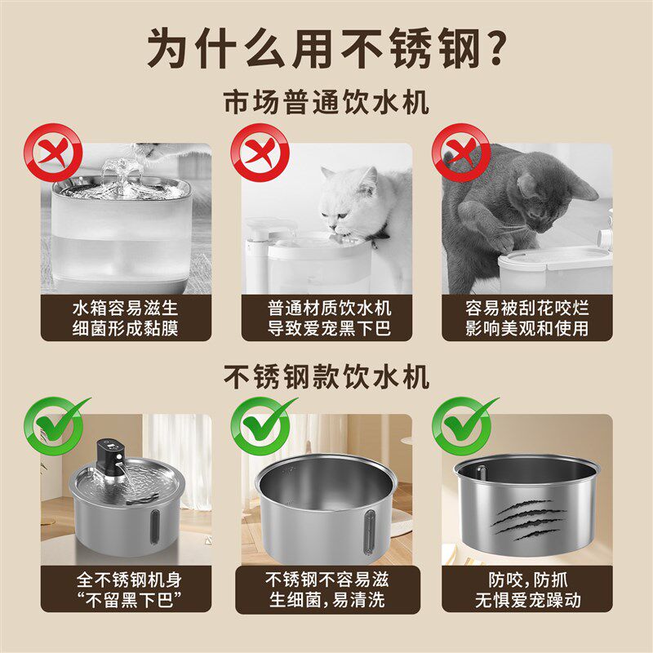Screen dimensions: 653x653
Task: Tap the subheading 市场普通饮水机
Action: pyautogui.click(x=326, y=104)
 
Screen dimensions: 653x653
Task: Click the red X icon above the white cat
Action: pyautogui.click(x=260, y=154)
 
